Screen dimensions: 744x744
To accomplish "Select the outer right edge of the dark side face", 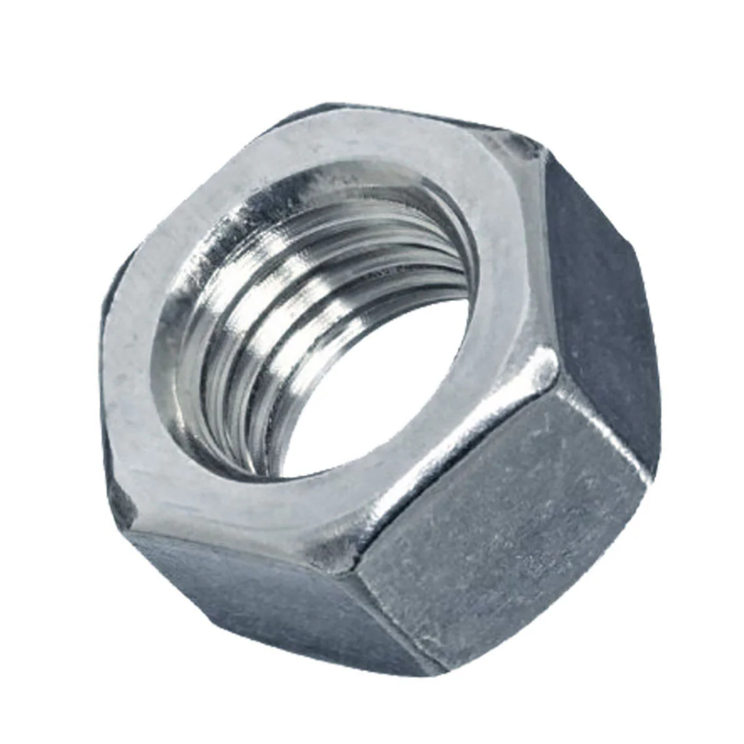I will click(648, 310).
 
